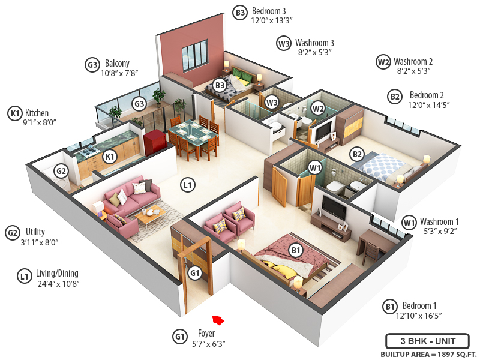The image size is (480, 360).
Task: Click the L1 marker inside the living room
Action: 188,185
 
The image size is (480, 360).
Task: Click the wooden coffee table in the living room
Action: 150,212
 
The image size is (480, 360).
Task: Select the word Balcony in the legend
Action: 117,64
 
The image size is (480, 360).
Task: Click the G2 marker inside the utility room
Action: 61,171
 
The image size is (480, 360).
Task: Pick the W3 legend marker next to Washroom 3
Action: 283,43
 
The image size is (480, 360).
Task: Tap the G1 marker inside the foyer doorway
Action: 194,273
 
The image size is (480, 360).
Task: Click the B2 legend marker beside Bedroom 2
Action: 395,96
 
